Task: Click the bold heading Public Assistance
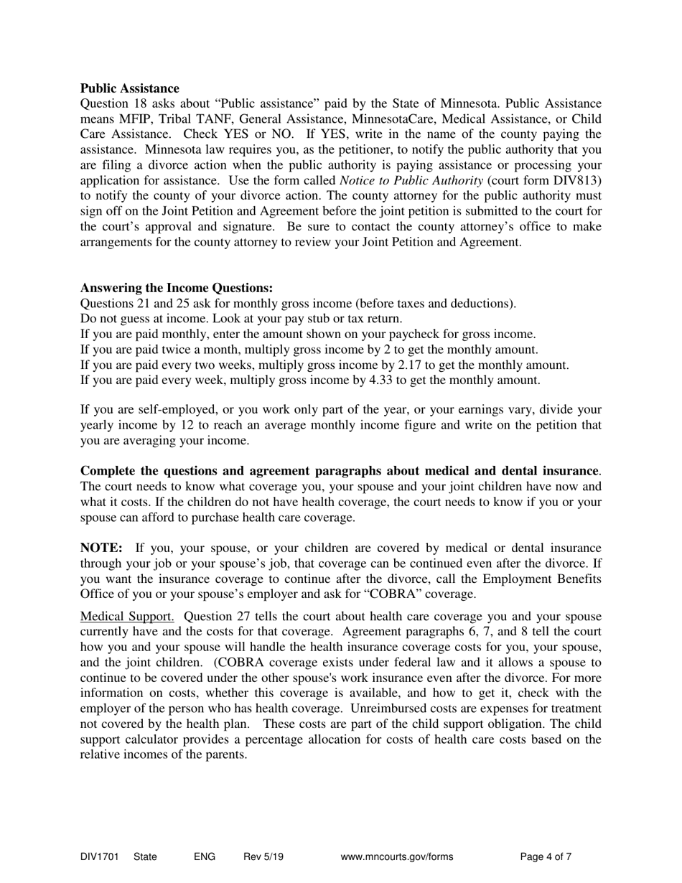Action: pyautogui.click(x=129, y=88)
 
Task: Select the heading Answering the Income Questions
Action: pyautogui.click(x=177, y=288)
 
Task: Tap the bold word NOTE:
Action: pyautogui.click(x=101, y=548)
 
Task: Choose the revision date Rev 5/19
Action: pyautogui.click(x=263, y=856)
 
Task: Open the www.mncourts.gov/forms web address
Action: pyautogui.click(x=396, y=856)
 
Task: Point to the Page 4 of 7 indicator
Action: pyautogui.click(x=546, y=856)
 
